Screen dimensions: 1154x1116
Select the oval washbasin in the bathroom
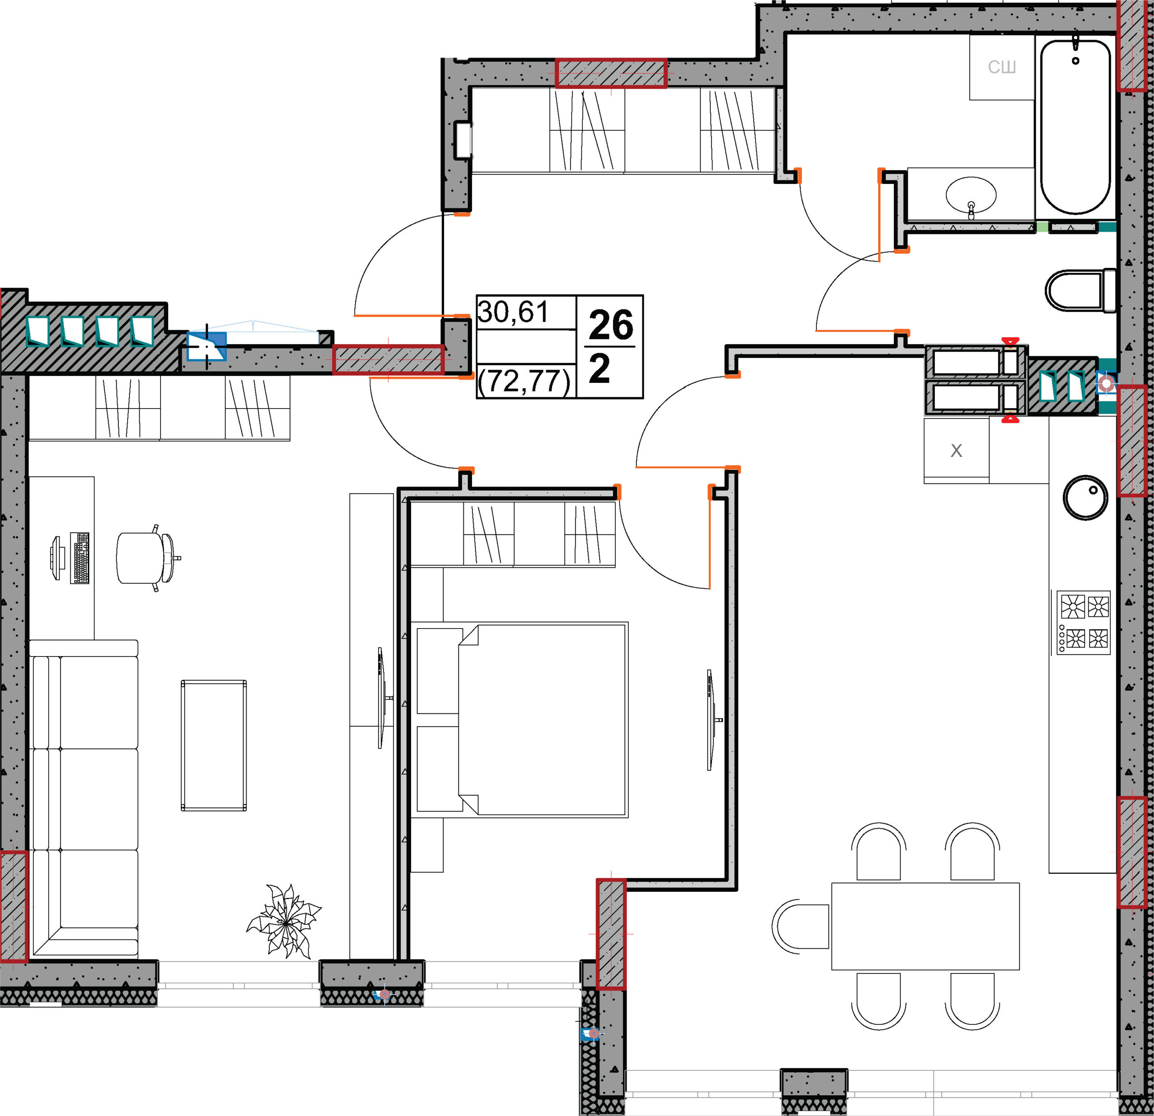coord(971,194)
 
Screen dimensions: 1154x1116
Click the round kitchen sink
coord(1085,498)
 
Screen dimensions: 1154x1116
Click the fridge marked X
coord(956,450)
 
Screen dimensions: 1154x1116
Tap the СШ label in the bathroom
coord(1002,67)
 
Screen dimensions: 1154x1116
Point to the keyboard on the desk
coord(80,558)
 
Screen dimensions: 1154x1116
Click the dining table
coord(925,926)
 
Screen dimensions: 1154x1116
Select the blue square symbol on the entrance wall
coord(206,346)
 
